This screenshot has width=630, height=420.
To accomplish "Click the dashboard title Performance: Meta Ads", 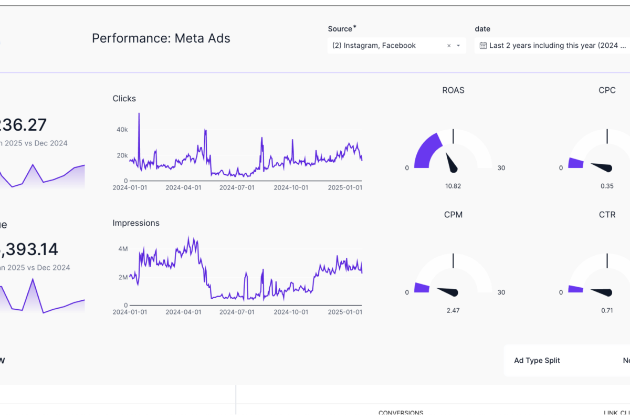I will (x=161, y=38).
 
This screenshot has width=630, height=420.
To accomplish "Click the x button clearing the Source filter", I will (x=449, y=46).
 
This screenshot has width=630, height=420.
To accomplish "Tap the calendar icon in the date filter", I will (x=483, y=46).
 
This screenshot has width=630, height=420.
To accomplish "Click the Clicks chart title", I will (x=124, y=99).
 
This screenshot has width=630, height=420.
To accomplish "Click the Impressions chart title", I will (x=135, y=223).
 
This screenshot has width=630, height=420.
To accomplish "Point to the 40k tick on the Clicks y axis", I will (x=122, y=129).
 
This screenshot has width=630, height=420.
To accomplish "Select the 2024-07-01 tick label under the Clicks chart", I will (x=237, y=187).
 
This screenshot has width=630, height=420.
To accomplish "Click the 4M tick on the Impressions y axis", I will (x=123, y=249).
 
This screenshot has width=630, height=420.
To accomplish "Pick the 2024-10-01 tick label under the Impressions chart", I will (x=291, y=312).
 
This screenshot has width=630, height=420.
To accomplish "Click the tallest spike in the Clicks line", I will (x=139, y=114).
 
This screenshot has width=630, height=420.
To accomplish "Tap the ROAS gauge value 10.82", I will (x=453, y=186).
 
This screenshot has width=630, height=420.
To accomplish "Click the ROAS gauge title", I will (x=453, y=90).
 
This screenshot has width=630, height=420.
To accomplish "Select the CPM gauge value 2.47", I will (x=453, y=310).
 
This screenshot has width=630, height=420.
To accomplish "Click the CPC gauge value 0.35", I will (x=607, y=186).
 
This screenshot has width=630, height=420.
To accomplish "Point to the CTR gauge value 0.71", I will (x=607, y=310).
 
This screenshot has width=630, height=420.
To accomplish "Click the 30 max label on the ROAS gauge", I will (x=501, y=168).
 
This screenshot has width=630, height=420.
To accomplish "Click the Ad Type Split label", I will (x=537, y=361).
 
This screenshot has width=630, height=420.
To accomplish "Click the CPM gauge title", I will (x=453, y=215).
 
